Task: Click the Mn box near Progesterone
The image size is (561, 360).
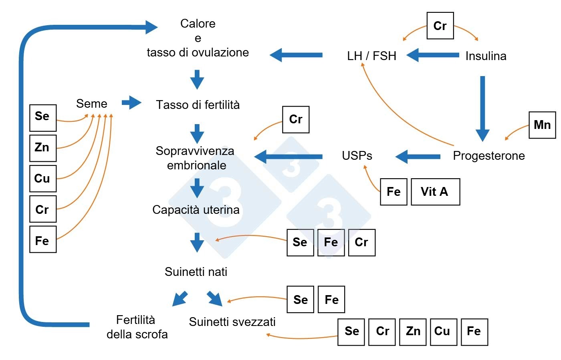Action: [542, 125]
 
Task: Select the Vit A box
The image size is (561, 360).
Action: [435, 192]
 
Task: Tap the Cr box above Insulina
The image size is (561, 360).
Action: [440, 26]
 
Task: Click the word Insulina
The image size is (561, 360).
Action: [486, 56]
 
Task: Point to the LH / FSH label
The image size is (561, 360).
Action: [371, 56]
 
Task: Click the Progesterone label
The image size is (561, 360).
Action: [488, 156]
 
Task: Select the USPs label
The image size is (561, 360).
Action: [357, 156]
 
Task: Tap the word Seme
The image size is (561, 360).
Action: [92, 104]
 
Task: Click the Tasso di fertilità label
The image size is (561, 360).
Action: [198, 105]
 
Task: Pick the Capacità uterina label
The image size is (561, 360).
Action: [196, 210]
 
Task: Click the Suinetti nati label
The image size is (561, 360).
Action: [196, 272]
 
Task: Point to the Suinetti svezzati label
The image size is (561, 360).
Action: [232, 322]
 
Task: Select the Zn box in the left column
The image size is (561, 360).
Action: [43, 148]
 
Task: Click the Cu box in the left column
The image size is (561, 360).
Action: [43, 179]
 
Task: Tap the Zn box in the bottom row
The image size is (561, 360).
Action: [413, 332]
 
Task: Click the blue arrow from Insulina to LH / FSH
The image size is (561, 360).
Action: [433, 55]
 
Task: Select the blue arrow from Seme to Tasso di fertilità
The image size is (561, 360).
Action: [131, 103]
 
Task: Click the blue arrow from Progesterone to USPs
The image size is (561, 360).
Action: [418, 157]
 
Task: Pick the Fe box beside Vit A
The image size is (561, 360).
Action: [394, 192]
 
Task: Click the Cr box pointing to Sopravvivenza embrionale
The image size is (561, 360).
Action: [296, 119]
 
